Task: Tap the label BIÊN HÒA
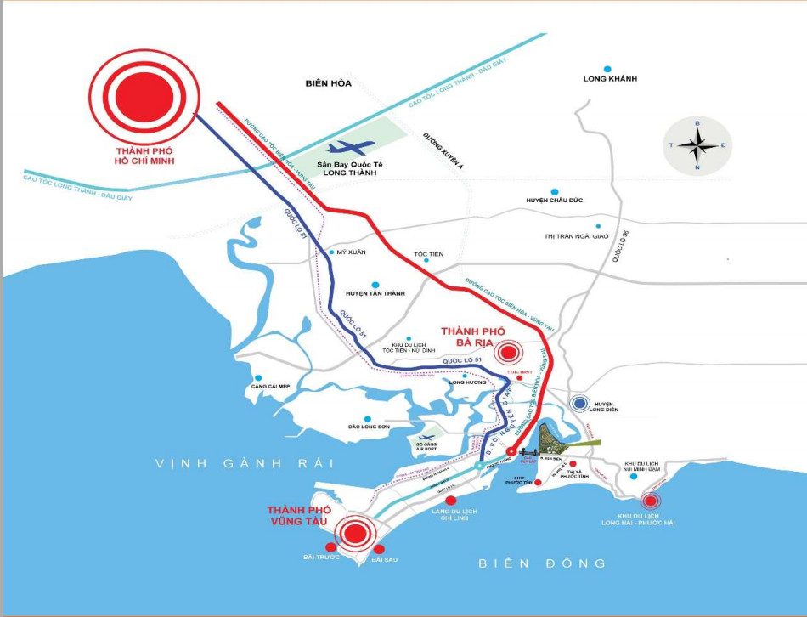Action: coord(329,83)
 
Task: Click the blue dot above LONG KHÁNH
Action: coord(607,69)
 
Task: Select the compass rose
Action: coord(697,145)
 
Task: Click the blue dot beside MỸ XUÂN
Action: coord(331,252)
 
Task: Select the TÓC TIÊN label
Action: coord(428,254)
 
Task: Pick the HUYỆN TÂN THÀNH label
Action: coord(375,293)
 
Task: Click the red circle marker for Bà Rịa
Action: coord(510,351)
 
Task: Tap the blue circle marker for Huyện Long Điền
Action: coord(581,405)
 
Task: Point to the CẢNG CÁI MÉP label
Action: coord(271,387)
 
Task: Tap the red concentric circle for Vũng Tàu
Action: coord(355,533)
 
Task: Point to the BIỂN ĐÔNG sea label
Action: coord(542,563)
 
